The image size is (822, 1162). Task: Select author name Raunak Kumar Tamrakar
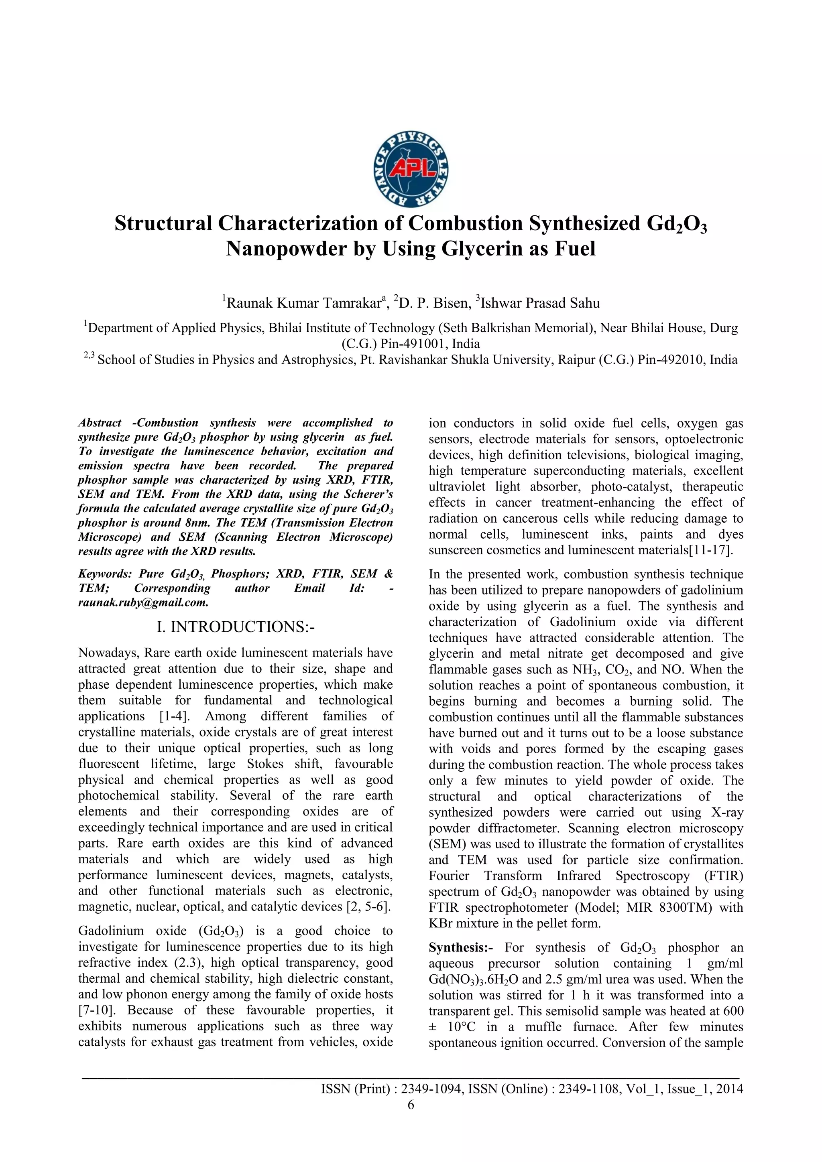pyautogui.click(x=303, y=303)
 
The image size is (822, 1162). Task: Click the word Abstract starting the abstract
pyautogui.click(x=100, y=423)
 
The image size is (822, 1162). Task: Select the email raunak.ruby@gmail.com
pyautogui.click(x=143, y=602)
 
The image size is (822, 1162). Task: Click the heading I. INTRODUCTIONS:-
pyautogui.click(x=236, y=627)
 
